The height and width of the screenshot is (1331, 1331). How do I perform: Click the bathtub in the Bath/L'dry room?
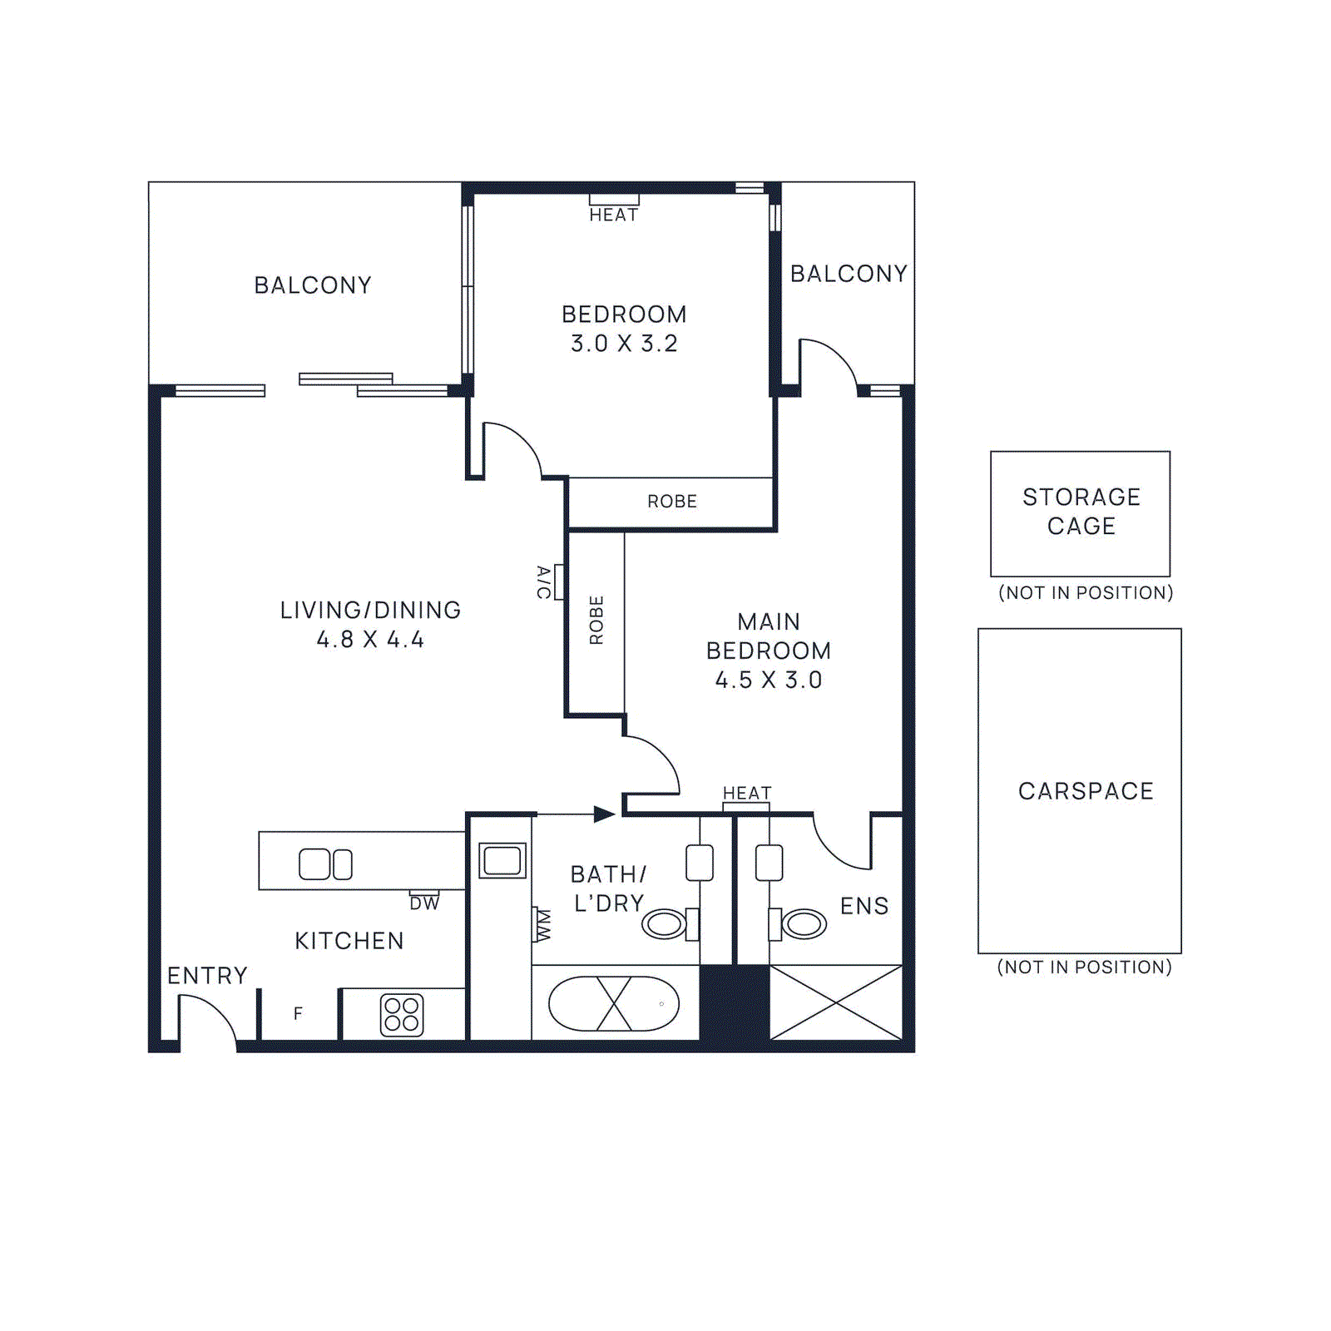pyautogui.click(x=614, y=1004)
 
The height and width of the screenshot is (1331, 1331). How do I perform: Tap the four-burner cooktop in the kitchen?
pyautogui.click(x=402, y=1015)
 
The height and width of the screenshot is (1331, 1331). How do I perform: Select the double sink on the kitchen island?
pyautogui.click(x=325, y=864)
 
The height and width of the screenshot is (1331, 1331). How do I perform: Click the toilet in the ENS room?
pyautogui.click(x=800, y=923)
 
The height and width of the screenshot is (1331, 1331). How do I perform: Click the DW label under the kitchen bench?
pyautogui.click(x=424, y=903)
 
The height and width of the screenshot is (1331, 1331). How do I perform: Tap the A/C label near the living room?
pyautogui.click(x=543, y=581)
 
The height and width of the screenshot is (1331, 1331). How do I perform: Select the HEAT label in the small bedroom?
pyautogui.click(x=614, y=215)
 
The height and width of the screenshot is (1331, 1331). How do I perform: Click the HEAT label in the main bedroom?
pyautogui.click(x=747, y=793)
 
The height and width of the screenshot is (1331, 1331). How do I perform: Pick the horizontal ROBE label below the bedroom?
pyautogui.click(x=672, y=502)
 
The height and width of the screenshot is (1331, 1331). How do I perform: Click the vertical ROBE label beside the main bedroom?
pyautogui.click(x=596, y=620)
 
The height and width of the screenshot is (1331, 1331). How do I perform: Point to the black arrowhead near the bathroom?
pyautogui.click(x=604, y=814)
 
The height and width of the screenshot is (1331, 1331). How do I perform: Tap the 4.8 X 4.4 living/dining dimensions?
pyautogui.click(x=370, y=640)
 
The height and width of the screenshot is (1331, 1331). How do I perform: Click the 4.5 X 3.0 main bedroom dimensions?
pyautogui.click(x=769, y=680)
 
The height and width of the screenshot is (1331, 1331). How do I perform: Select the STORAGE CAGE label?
pyautogui.click(x=1081, y=512)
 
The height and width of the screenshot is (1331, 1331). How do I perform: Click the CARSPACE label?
pyautogui.click(x=1086, y=791)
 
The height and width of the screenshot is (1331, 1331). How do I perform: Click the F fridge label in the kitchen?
pyautogui.click(x=298, y=1013)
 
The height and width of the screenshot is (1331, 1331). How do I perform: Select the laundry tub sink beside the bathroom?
pyautogui.click(x=502, y=860)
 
